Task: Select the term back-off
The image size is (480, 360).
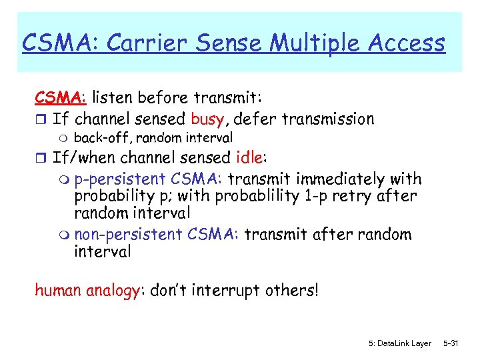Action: tap(97, 138)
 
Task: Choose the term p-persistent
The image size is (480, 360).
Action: tap(121, 179)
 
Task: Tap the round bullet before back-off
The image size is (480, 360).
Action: tap(61, 139)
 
